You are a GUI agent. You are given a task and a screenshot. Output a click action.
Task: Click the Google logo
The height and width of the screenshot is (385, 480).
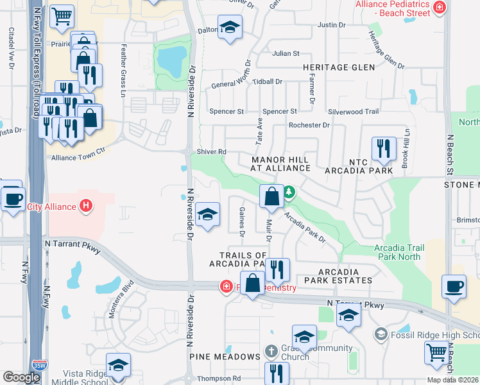tap(21, 377)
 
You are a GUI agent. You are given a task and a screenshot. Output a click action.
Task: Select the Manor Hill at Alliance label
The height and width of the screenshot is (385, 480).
tap(280, 164)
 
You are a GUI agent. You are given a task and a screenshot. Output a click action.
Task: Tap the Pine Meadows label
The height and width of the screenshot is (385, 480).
tap(224, 356)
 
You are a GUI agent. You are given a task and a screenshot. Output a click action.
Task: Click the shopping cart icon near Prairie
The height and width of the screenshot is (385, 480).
tap(62, 16)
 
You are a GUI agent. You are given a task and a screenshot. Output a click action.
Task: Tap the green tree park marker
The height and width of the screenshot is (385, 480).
tap(289, 191)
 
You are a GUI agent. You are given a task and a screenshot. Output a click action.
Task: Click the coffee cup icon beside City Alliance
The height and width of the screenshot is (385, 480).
tap(12, 197)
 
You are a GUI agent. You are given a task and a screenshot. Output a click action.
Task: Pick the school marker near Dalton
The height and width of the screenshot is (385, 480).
tap(229, 28)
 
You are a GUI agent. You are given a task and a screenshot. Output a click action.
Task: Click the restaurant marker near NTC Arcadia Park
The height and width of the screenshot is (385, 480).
tap(383, 148)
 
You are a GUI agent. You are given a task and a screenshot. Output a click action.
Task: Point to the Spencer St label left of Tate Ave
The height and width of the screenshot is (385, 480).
tap(227, 112)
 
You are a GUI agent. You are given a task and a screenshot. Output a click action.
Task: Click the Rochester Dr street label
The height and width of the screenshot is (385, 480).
tap(309, 125)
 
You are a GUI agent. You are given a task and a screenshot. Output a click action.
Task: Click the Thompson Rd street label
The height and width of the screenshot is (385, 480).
tap(219, 379)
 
